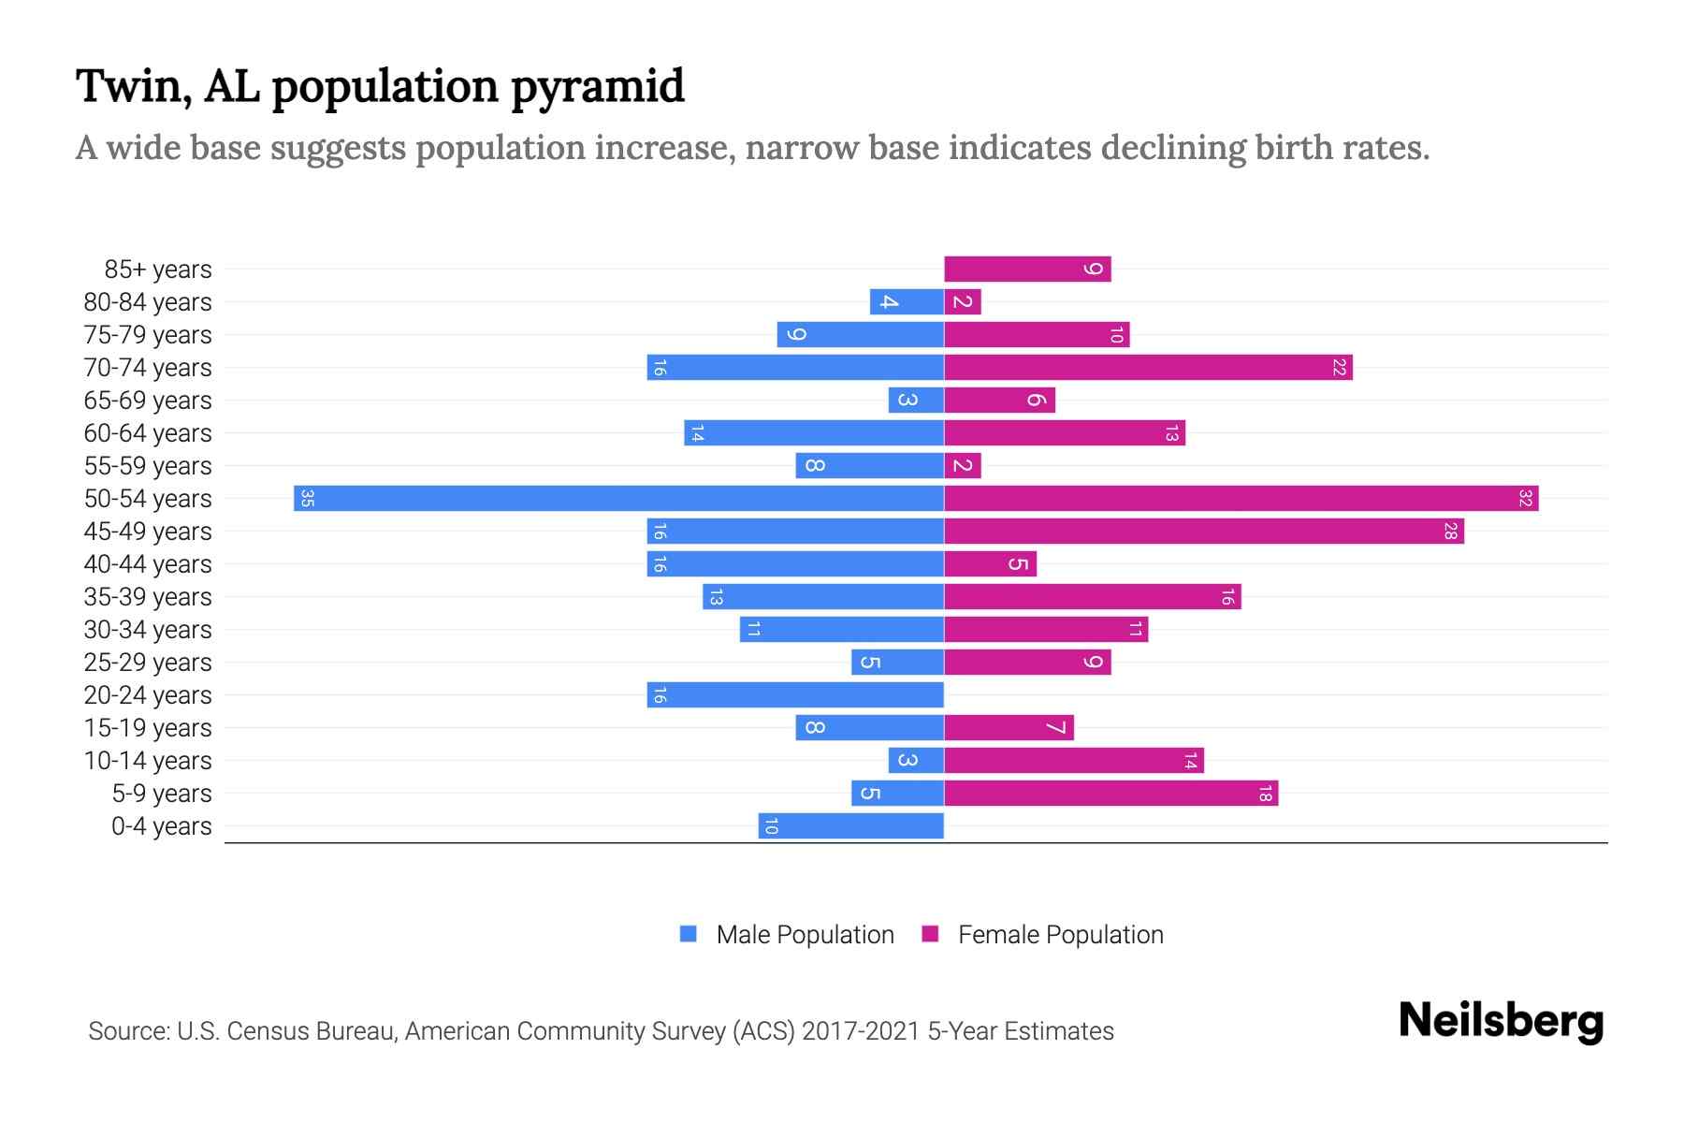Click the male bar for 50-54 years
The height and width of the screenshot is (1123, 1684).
(x=617, y=498)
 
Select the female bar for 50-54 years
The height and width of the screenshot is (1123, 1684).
(x=1241, y=498)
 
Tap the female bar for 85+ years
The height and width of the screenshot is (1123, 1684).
(x=1027, y=270)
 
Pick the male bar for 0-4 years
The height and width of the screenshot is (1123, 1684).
(x=850, y=825)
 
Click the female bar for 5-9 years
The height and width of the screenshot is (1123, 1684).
(x=1111, y=793)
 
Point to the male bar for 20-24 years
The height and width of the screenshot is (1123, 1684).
(x=795, y=694)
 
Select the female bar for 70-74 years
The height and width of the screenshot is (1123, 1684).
(x=1148, y=367)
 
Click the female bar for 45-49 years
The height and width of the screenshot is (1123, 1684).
(x=1203, y=531)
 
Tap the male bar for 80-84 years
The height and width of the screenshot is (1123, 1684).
(x=907, y=301)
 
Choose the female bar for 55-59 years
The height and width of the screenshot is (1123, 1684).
(x=963, y=465)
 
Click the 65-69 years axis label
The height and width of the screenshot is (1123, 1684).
(x=148, y=401)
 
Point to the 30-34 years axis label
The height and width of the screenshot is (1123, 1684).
(x=148, y=630)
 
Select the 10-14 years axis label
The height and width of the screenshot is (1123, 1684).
(x=148, y=761)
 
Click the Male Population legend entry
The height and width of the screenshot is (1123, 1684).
(x=805, y=934)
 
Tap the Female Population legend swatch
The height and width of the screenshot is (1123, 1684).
(x=930, y=934)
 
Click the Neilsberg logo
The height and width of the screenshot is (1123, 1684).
(x=1501, y=1021)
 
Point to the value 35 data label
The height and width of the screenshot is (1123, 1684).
(x=307, y=498)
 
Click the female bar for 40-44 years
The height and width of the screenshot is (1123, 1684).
(x=990, y=563)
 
